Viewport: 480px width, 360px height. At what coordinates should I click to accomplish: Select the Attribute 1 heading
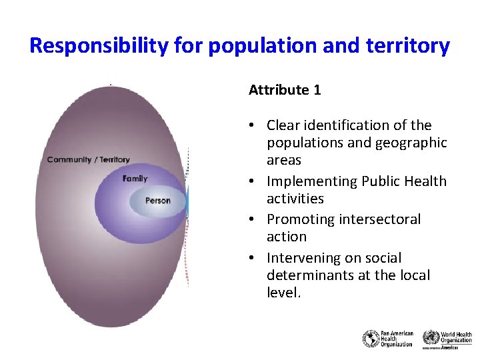[285, 90]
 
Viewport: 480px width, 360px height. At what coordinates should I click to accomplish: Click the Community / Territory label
[88, 159]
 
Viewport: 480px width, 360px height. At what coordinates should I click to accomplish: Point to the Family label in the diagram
[135, 179]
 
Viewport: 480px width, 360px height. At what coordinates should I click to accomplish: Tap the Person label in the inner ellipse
[157, 200]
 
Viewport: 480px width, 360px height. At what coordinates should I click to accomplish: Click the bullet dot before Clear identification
[255, 125]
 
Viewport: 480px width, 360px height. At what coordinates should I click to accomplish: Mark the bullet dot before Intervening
[255, 258]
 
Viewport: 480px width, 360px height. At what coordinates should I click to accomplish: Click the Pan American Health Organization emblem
[371, 339]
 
